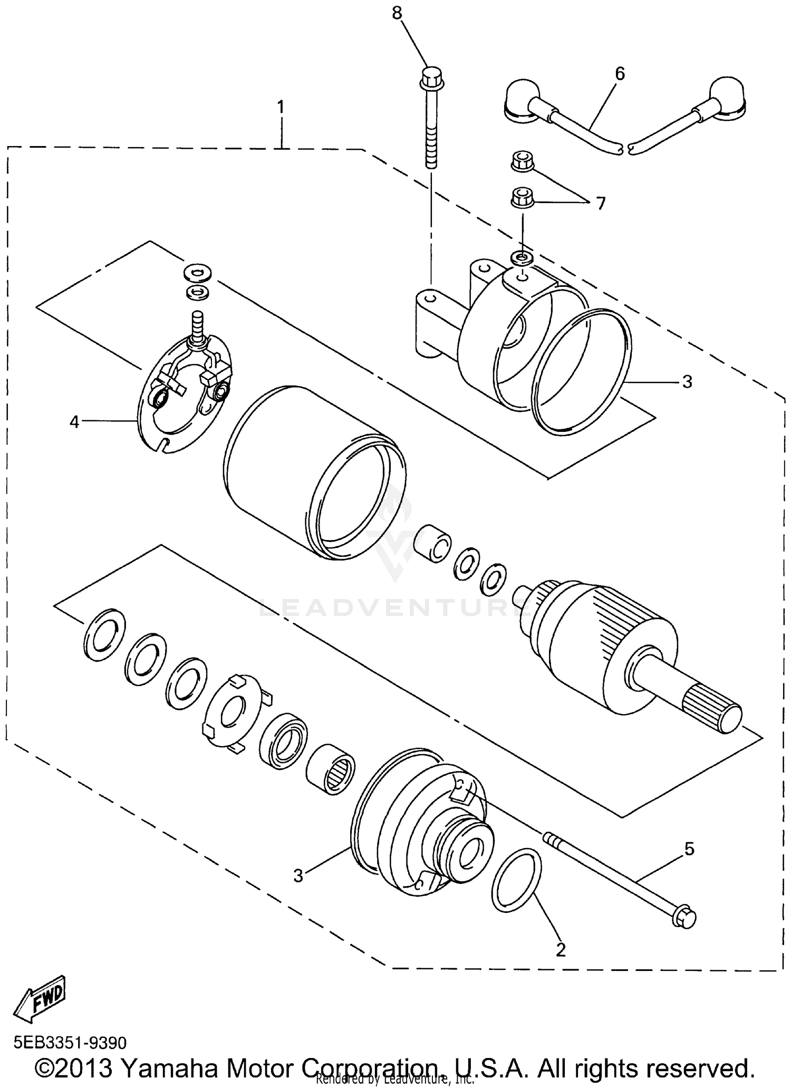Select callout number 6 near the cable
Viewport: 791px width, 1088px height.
coord(620,74)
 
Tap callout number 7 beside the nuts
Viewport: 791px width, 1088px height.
coord(601,203)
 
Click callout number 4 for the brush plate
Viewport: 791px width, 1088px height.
coord(74,421)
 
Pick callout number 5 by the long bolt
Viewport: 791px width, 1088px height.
coord(689,849)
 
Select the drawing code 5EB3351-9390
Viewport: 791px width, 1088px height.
coord(70,1043)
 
